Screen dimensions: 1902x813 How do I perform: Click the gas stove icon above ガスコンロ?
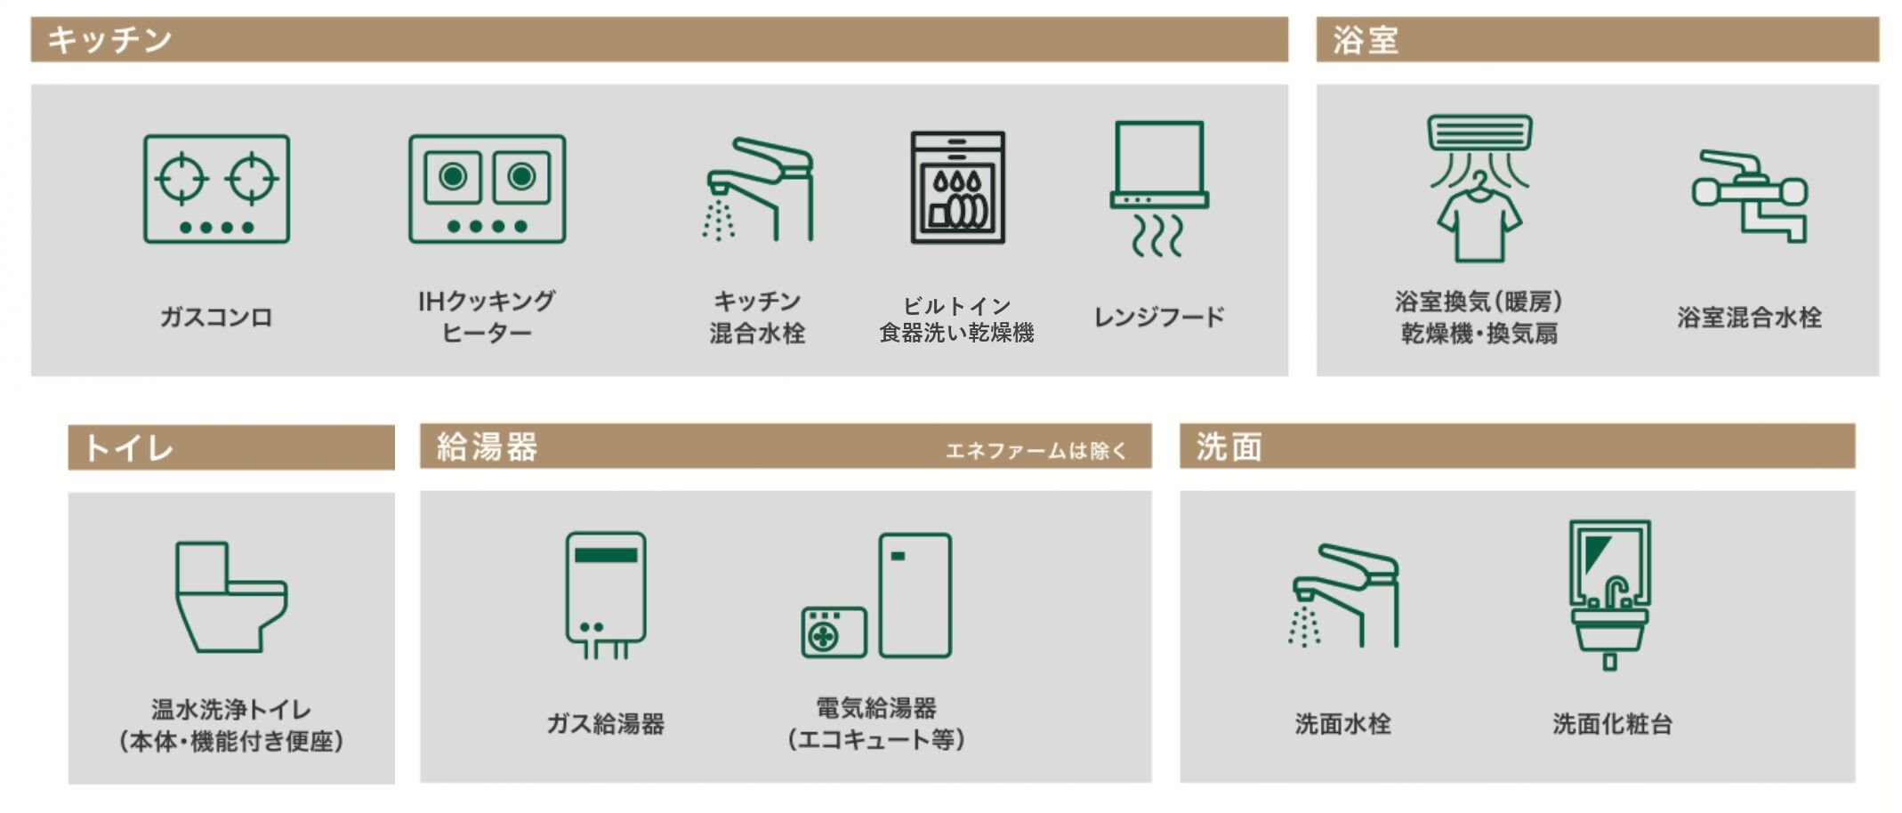tap(216, 189)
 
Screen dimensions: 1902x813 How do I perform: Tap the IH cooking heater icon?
tap(487, 189)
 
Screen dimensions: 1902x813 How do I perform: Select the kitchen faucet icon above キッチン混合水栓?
tap(758, 189)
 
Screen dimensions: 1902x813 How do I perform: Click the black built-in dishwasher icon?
tap(957, 188)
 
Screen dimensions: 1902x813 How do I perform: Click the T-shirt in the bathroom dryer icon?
tap(1479, 224)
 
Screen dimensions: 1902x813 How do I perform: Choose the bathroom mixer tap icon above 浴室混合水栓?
tap(1749, 196)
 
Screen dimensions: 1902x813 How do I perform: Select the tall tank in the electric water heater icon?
tap(915, 594)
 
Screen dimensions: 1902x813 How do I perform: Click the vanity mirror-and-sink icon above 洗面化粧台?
tap(1610, 594)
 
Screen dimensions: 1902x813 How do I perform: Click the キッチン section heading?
tap(109, 40)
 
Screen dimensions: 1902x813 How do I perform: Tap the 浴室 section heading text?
tap(1366, 40)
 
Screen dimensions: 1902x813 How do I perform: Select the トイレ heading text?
tap(129, 447)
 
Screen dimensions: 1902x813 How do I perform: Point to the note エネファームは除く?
tap(1036, 450)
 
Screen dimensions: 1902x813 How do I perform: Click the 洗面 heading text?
tap(1229, 447)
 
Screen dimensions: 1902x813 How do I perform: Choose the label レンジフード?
tap(1159, 317)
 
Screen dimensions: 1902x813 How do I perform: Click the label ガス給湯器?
tap(606, 723)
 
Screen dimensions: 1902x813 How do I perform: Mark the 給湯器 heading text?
tap(487, 447)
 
